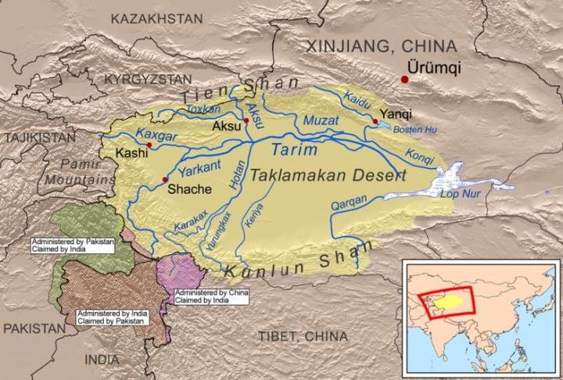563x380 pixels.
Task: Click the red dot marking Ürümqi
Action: point(404,79)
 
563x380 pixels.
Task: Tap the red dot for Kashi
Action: point(149,145)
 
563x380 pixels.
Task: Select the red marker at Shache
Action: point(164,179)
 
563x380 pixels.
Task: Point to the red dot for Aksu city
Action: point(246,120)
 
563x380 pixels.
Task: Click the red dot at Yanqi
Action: point(375,121)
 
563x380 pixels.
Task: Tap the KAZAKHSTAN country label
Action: point(156,18)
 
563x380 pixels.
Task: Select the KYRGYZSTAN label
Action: point(148,79)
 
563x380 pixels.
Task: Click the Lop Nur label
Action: point(459,195)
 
